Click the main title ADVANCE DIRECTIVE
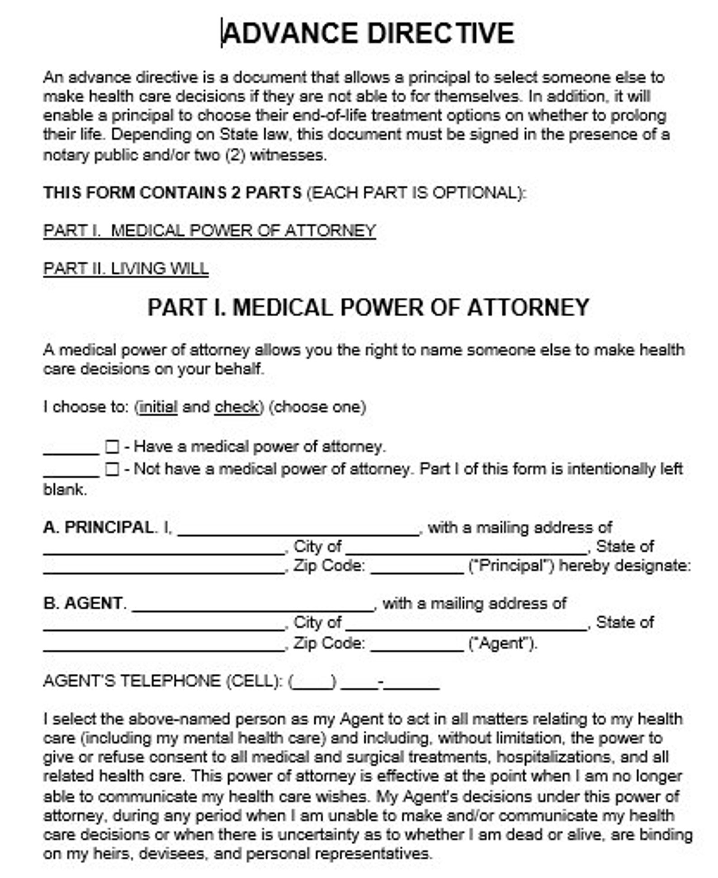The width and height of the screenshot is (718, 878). (368, 33)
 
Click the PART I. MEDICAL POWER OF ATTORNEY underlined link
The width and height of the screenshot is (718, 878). (209, 231)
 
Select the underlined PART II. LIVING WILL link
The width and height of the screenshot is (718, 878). (126, 269)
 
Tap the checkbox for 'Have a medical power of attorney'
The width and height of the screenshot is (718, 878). (112, 447)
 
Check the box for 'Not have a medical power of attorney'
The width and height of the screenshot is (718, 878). (112, 470)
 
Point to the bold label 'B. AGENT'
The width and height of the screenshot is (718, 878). (83, 603)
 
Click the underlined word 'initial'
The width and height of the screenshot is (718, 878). (158, 407)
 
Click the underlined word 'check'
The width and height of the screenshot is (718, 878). (236, 407)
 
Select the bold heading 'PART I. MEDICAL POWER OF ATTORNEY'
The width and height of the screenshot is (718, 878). (368, 308)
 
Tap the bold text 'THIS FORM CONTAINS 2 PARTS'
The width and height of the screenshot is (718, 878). (172, 193)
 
